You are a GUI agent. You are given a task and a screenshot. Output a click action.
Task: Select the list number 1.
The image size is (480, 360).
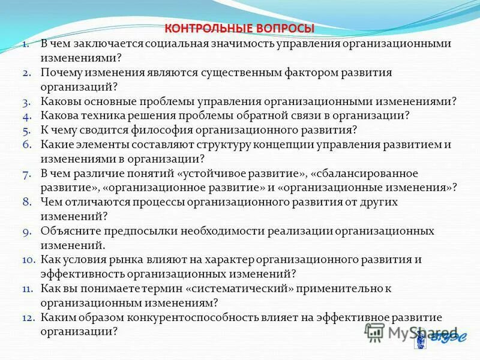click(27, 44)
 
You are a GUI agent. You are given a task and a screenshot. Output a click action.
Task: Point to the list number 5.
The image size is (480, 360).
click(26, 130)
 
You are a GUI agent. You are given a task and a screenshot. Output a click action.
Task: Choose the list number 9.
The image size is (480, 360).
click(26, 231)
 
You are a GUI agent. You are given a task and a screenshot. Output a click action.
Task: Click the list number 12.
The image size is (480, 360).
click(29, 317)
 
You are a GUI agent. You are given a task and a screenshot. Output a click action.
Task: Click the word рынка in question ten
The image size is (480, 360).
click(136, 259)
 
